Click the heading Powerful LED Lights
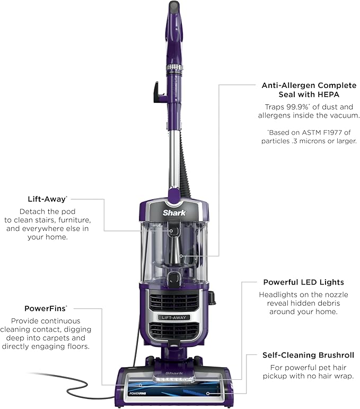[x=303, y=282]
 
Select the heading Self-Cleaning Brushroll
[x=308, y=355]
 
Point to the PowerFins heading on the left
[x=46, y=308]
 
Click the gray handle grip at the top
[x=173, y=7]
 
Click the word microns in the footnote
[x=321, y=141]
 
